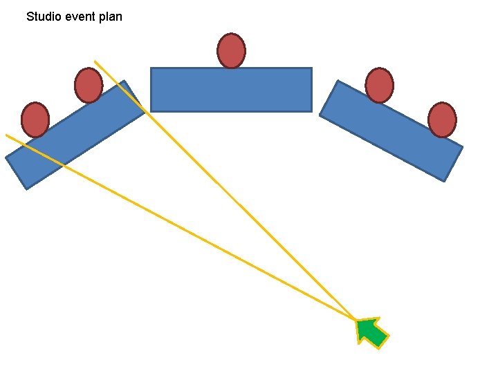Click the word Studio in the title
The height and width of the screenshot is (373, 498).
[44, 16]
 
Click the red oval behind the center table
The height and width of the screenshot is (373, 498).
[231, 51]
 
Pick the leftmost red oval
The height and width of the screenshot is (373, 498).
[35, 119]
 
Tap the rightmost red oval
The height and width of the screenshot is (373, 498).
[442, 119]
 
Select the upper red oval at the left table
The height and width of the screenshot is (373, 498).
[89, 86]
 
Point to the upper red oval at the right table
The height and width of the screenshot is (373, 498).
[379, 86]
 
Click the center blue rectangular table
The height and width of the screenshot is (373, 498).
[231, 89]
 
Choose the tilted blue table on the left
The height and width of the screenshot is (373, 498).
[75, 135]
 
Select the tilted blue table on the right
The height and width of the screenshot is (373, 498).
[391, 131]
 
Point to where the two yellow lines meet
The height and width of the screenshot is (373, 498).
[356, 321]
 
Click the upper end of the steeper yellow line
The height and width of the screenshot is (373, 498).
[95, 61]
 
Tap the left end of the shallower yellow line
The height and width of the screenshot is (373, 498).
[6, 135]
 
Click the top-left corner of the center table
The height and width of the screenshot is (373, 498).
[151, 68]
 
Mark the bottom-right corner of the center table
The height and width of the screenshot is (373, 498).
[311, 111]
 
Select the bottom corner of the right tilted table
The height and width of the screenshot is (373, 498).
[444, 182]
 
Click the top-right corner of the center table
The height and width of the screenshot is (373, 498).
[311, 68]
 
